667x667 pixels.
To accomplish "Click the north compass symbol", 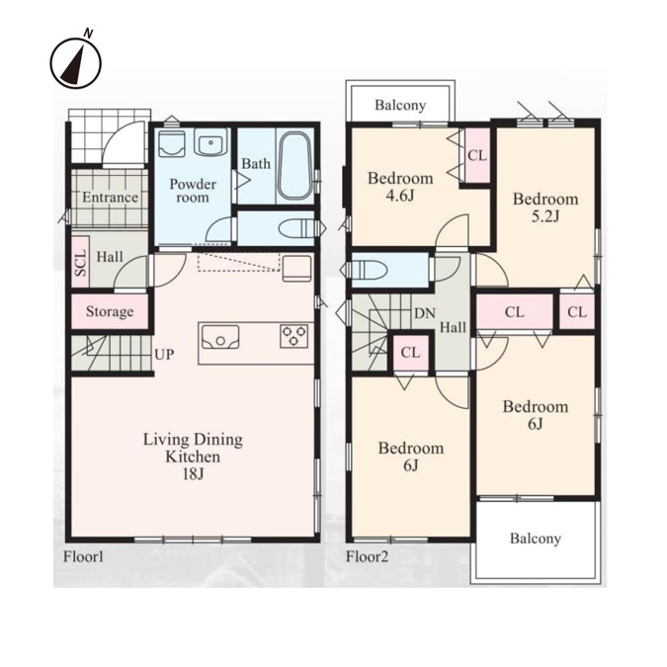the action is [76, 62].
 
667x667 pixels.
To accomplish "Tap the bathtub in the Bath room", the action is [295, 165].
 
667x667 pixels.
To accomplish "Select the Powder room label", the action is [193, 190].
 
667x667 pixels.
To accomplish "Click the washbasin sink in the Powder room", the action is [210, 142].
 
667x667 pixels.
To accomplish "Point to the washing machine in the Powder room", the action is [171, 144].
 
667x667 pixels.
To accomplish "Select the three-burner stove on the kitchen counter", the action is [293, 335].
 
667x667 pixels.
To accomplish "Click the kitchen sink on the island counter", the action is [220, 337].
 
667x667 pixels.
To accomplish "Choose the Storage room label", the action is [110, 311].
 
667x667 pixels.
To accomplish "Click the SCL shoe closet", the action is [80, 262].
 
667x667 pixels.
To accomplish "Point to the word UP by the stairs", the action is [164, 355].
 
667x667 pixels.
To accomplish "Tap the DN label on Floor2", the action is [425, 313].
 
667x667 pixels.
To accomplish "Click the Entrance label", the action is [110, 198].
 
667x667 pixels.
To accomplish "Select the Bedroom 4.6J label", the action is [400, 187].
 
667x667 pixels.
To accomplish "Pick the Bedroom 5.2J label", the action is [545, 208].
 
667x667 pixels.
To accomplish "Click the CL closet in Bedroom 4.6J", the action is [477, 155].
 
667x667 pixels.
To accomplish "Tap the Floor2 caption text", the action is [368, 556].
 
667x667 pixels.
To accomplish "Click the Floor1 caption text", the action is [83, 556].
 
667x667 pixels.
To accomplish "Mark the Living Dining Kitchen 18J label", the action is [193, 457].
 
